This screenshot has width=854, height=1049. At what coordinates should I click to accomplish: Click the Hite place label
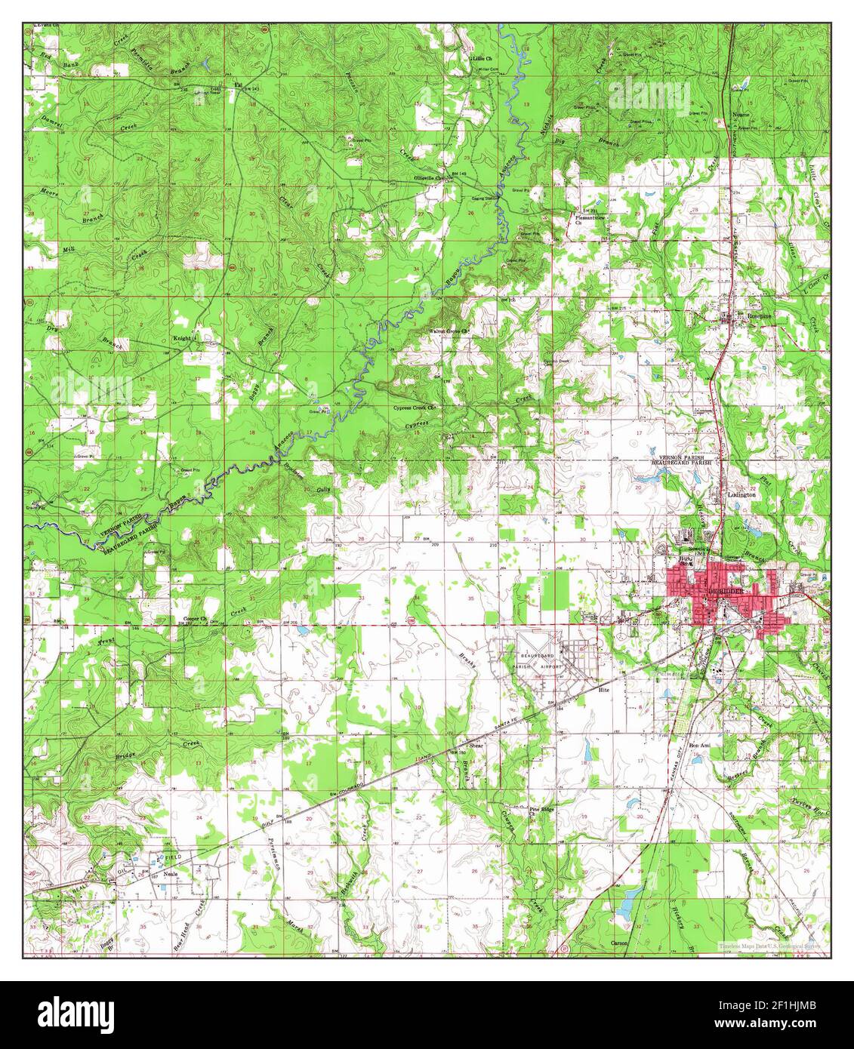603,690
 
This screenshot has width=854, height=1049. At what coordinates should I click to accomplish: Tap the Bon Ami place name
700,745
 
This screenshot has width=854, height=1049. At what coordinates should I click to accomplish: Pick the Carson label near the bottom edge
620,943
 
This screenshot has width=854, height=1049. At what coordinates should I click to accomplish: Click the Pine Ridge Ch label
541,811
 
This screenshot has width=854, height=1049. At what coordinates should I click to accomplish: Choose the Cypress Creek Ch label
415,408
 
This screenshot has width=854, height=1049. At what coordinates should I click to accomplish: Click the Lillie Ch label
482,57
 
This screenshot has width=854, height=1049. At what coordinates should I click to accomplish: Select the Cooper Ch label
196,619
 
